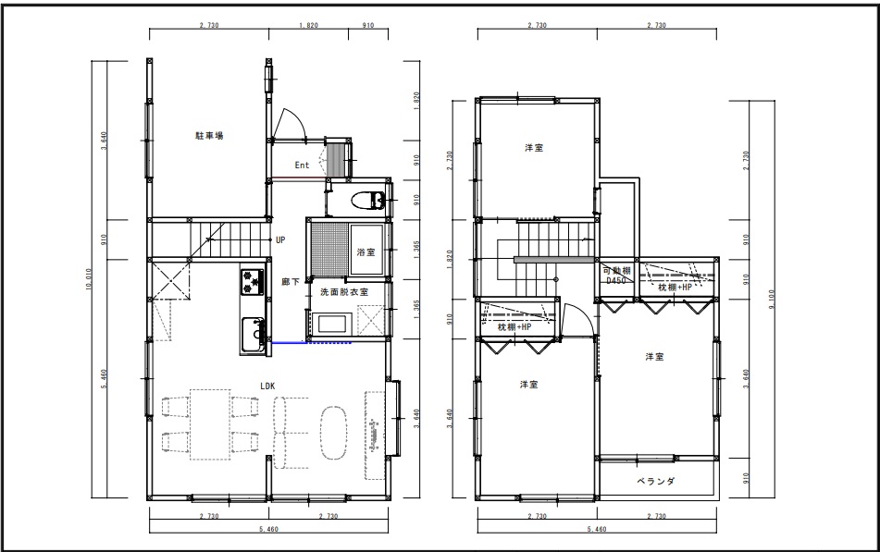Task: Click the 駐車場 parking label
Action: pyautogui.click(x=210, y=136)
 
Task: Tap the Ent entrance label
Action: pyautogui.click(x=302, y=165)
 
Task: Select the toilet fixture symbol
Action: pyautogui.click(x=367, y=200)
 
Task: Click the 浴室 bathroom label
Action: pyautogui.click(x=366, y=252)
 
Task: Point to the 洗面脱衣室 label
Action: pyautogui.click(x=344, y=292)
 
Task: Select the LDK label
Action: pyautogui.click(x=267, y=386)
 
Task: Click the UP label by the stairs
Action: pyautogui.click(x=280, y=240)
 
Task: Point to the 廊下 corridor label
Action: pyautogui.click(x=291, y=282)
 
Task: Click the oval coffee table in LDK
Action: pyautogui.click(x=334, y=433)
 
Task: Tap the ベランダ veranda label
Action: pyautogui.click(x=655, y=481)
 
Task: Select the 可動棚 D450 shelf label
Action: pyautogui.click(x=617, y=276)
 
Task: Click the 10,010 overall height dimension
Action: pyautogui.click(x=89, y=279)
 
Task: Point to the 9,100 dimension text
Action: pyautogui.click(x=773, y=300)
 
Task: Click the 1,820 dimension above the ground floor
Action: pyautogui.click(x=308, y=25)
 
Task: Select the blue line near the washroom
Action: pyautogui.click(x=311, y=342)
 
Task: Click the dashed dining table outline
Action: pyautogui.click(x=210, y=424)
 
